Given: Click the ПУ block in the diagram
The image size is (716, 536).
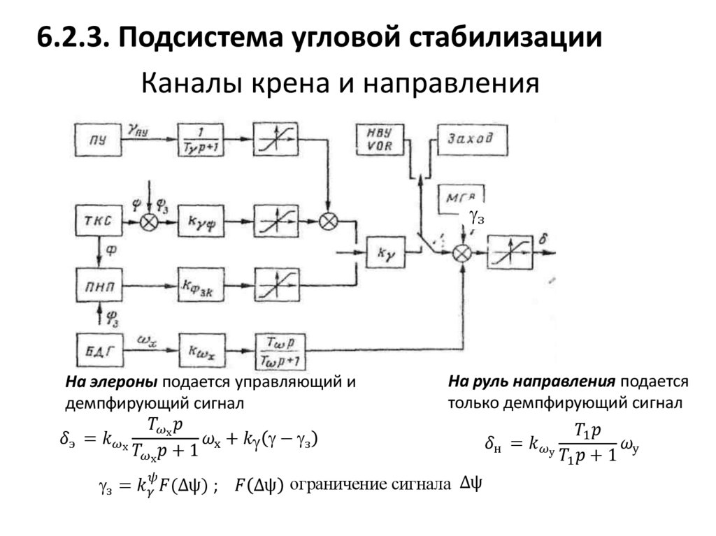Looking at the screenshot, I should click(97, 139).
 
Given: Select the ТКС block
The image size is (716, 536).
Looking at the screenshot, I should click(97, 222).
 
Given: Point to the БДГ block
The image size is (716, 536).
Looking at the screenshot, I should click(97, 347).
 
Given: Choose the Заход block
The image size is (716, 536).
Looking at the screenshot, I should click(468, 138).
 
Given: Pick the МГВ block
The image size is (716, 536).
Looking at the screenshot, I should click(460, 198).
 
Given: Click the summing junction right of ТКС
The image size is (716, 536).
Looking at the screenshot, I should click(148, 222).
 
